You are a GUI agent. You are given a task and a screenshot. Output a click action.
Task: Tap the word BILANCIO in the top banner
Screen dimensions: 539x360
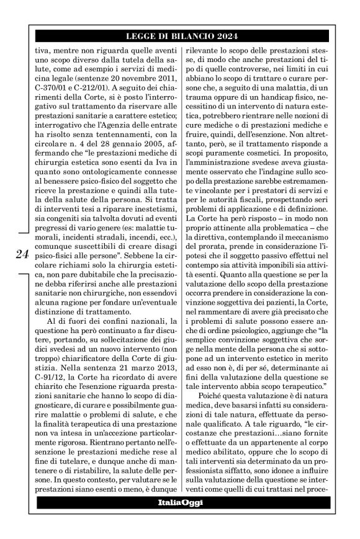188,35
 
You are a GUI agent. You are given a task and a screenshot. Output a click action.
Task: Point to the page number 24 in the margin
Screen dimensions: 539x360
20,253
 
